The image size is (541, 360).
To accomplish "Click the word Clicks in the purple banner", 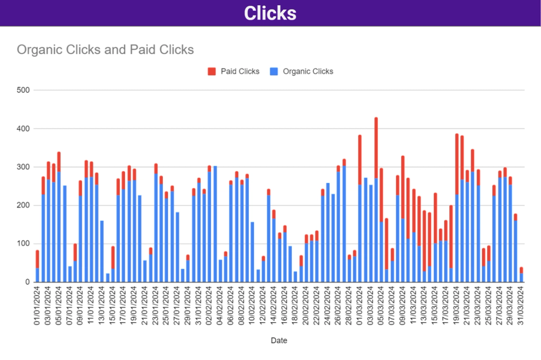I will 270,13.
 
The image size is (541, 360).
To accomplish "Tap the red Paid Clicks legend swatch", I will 212,71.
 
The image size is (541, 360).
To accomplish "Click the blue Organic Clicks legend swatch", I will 274,71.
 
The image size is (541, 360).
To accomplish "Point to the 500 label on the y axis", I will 24,90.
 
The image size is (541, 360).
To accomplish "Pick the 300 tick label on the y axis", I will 24,167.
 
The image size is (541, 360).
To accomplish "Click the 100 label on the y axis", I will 24,244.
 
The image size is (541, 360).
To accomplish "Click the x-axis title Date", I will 278,340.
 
